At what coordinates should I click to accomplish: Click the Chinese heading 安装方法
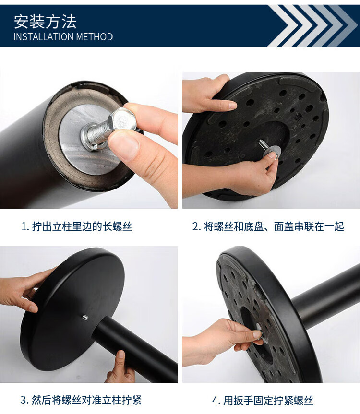[45, 22]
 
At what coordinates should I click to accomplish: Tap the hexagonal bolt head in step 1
[122, 120]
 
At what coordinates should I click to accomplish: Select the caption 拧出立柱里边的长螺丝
[82, 226]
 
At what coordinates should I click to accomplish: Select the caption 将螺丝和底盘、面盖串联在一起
[274, 226]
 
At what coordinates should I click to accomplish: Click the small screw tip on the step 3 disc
[85, 317]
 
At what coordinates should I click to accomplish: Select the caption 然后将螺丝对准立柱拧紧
[86, 400]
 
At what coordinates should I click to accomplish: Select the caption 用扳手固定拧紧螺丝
[268, 401]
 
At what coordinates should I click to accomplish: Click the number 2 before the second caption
[195, 226]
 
